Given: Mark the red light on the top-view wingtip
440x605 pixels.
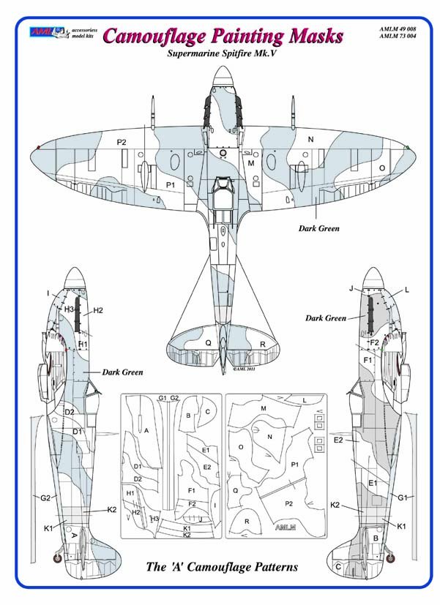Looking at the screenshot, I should click(36, 147).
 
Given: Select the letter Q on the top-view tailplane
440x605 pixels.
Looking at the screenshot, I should click(208, 342).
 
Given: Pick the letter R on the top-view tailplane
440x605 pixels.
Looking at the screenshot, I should click(242, 343).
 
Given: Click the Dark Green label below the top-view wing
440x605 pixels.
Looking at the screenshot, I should click(319, 228).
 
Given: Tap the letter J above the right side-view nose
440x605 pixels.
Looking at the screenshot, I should click(351, 289).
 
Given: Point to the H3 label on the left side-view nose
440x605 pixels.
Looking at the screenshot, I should click(69, 309).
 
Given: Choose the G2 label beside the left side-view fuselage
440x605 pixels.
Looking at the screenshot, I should click(45, 498).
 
